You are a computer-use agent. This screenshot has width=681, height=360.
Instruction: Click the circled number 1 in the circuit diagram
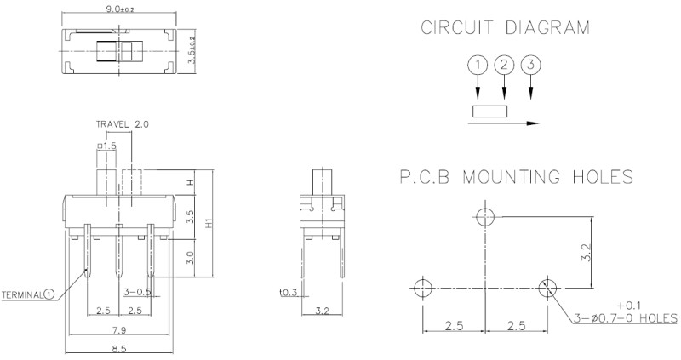478,66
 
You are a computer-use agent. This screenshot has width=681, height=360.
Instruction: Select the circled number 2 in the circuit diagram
504,66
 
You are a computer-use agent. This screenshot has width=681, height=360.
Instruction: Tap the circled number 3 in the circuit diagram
530,66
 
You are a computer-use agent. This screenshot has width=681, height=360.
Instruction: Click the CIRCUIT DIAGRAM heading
505,27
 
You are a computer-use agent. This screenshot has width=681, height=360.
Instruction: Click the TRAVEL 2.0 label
123,124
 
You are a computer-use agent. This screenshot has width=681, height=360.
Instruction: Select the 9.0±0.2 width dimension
119,9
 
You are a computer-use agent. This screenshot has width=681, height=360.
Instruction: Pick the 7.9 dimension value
119,330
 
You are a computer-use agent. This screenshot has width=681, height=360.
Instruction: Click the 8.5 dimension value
119,349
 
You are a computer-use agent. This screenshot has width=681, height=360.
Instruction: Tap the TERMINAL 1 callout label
28,295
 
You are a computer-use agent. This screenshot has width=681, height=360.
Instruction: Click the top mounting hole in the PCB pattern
485,216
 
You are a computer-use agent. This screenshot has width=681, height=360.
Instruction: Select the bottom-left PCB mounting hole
422,288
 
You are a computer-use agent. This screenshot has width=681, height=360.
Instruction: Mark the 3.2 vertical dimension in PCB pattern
587,252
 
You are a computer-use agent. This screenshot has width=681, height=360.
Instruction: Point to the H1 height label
209,224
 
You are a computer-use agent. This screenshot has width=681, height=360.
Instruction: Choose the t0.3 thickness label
289,292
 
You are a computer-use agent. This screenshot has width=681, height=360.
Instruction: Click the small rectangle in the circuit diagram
489,111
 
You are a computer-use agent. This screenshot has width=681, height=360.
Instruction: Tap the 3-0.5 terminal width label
137,292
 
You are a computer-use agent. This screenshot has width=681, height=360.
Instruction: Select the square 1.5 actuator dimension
107,146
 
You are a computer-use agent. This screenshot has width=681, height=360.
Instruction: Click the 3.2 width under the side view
323,311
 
